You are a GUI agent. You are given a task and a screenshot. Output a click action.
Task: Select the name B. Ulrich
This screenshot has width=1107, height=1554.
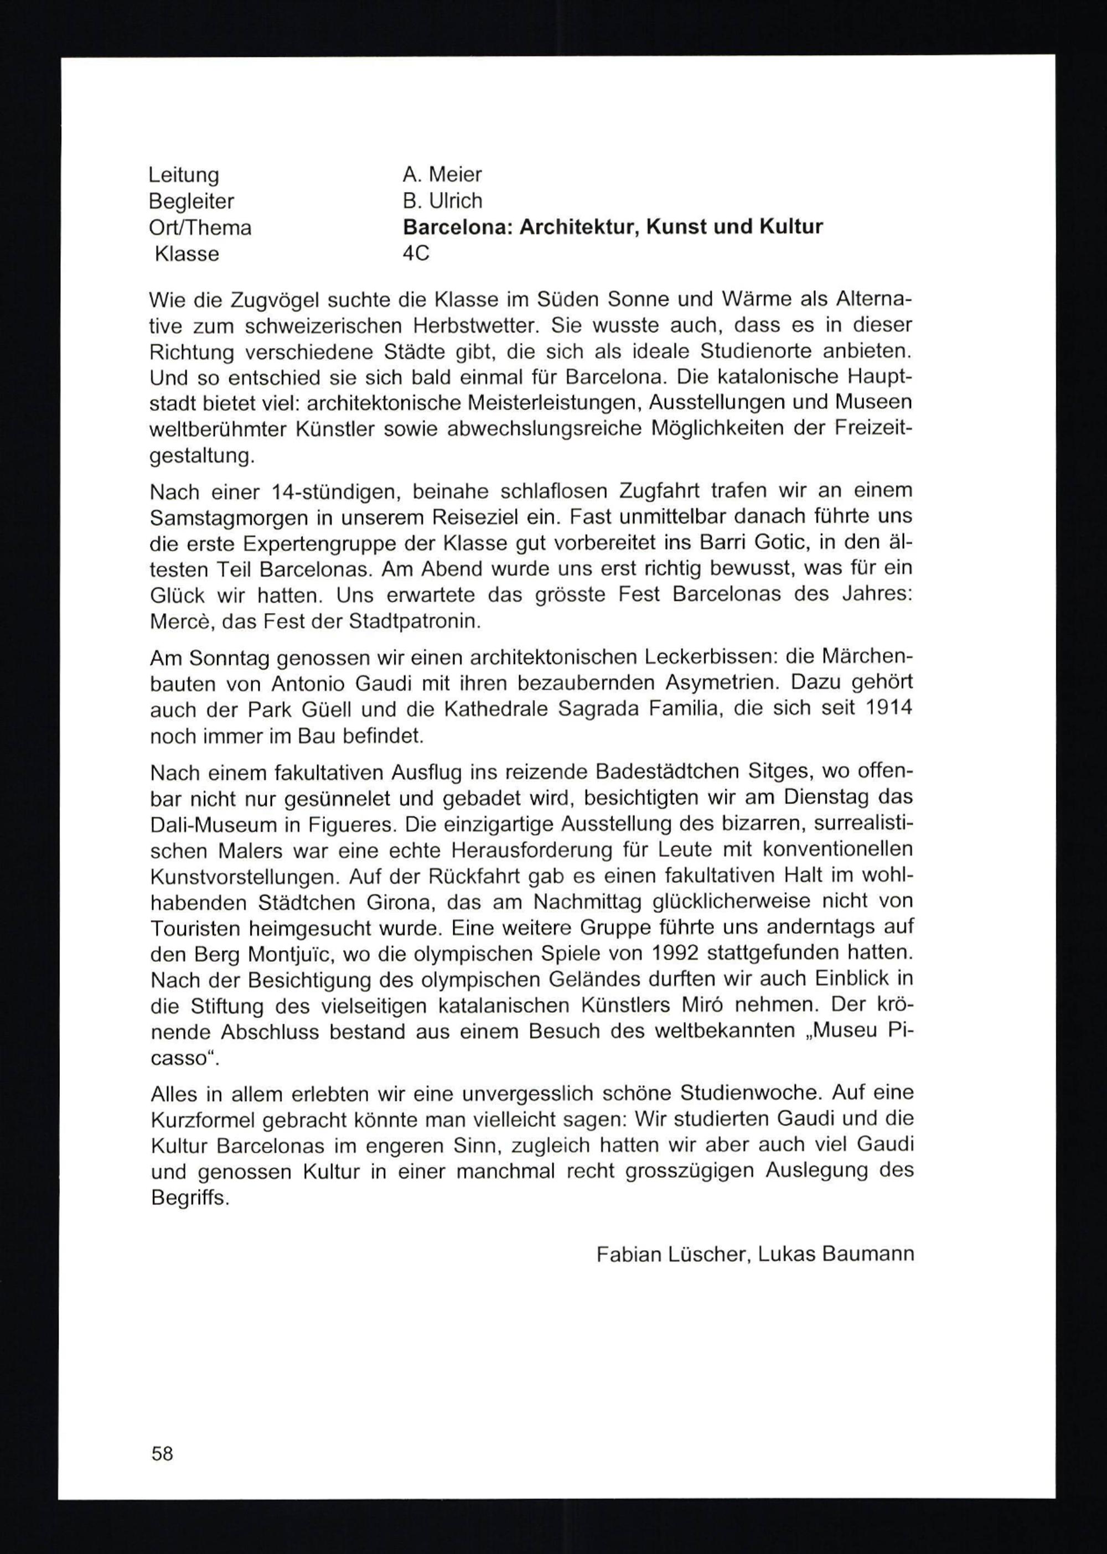click(442, 200)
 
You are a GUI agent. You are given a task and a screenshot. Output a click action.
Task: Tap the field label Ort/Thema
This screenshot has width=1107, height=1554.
click(200, 227)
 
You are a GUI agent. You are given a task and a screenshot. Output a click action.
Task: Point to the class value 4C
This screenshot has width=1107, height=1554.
click(416, 253)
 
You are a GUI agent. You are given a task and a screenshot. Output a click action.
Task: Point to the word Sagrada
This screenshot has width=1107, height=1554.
click(601, 709)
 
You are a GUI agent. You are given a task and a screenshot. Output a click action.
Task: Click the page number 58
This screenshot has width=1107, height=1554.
click(162, 1454)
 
